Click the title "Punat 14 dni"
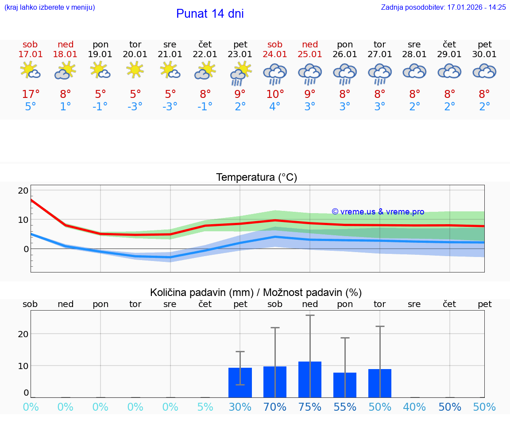click(210, 14)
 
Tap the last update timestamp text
click(443, 7)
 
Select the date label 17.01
click(31, 54)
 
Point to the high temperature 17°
click(31, 94)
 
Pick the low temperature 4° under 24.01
click(275, 107)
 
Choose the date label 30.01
click(484, 54)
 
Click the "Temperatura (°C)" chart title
click(256, 178)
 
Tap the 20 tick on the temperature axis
click(23, 191)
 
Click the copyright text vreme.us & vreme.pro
click(378, 212)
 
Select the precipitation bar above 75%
click(310, 379)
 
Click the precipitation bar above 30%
click(240, 382)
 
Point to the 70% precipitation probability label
click(275, 407)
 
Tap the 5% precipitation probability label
click(205, 407)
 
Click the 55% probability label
click(345, 407)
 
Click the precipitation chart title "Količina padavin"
click(201, 292)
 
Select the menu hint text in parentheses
click(50, 7)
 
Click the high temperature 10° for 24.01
click(275, 94)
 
